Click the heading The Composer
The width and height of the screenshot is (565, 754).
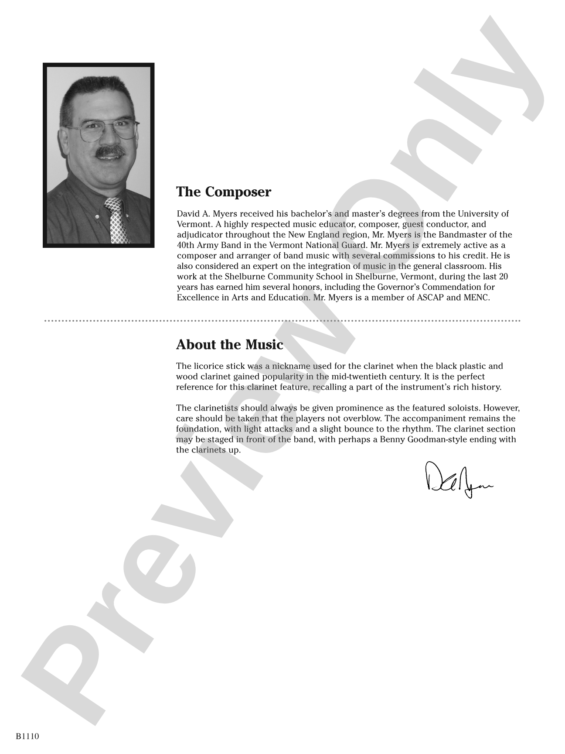pyautogui.click(x=223, y=192)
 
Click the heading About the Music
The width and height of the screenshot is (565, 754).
pyautogui.click(x=229, y=345)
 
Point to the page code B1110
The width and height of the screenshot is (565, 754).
pyautogui.click(x=27, y=737)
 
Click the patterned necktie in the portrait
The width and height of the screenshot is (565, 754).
pyautogui.click(x=117, y=220)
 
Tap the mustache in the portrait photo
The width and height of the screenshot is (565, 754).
pyautogui.click(x=109, y=152)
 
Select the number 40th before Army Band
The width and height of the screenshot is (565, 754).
pyautogui.click(x=185, y=245)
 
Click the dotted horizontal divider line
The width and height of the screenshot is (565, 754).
pyautogui.click(x=282, y=321)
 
